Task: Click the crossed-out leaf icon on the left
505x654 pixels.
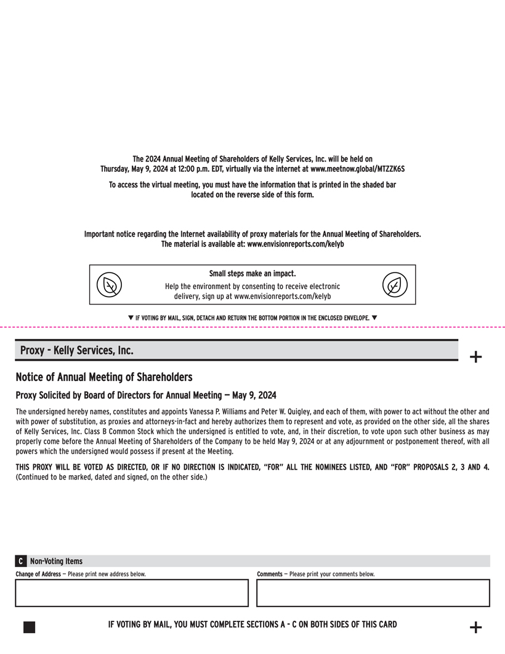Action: pos(109,285)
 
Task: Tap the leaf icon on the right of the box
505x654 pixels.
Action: pos(394,285)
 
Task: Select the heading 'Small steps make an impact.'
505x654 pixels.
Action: pos(252,273)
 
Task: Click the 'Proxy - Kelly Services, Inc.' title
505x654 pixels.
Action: pos(76,350)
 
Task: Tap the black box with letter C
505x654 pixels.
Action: pos(21,561)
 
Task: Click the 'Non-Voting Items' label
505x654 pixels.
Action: pos(56,561)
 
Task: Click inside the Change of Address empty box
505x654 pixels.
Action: pos(131,593)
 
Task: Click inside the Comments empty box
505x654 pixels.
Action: pos(373,593)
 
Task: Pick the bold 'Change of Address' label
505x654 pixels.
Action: pos(38,574)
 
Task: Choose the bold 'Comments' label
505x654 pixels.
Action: pos(269,574)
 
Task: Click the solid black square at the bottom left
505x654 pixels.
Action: pos(29,627)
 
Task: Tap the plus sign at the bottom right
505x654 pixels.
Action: pos(475,627)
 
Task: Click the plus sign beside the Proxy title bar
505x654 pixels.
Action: pos(475,356)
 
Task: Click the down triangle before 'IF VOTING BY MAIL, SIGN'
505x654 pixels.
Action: pos(131,317)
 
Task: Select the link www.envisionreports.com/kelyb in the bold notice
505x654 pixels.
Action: pos(296,244)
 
